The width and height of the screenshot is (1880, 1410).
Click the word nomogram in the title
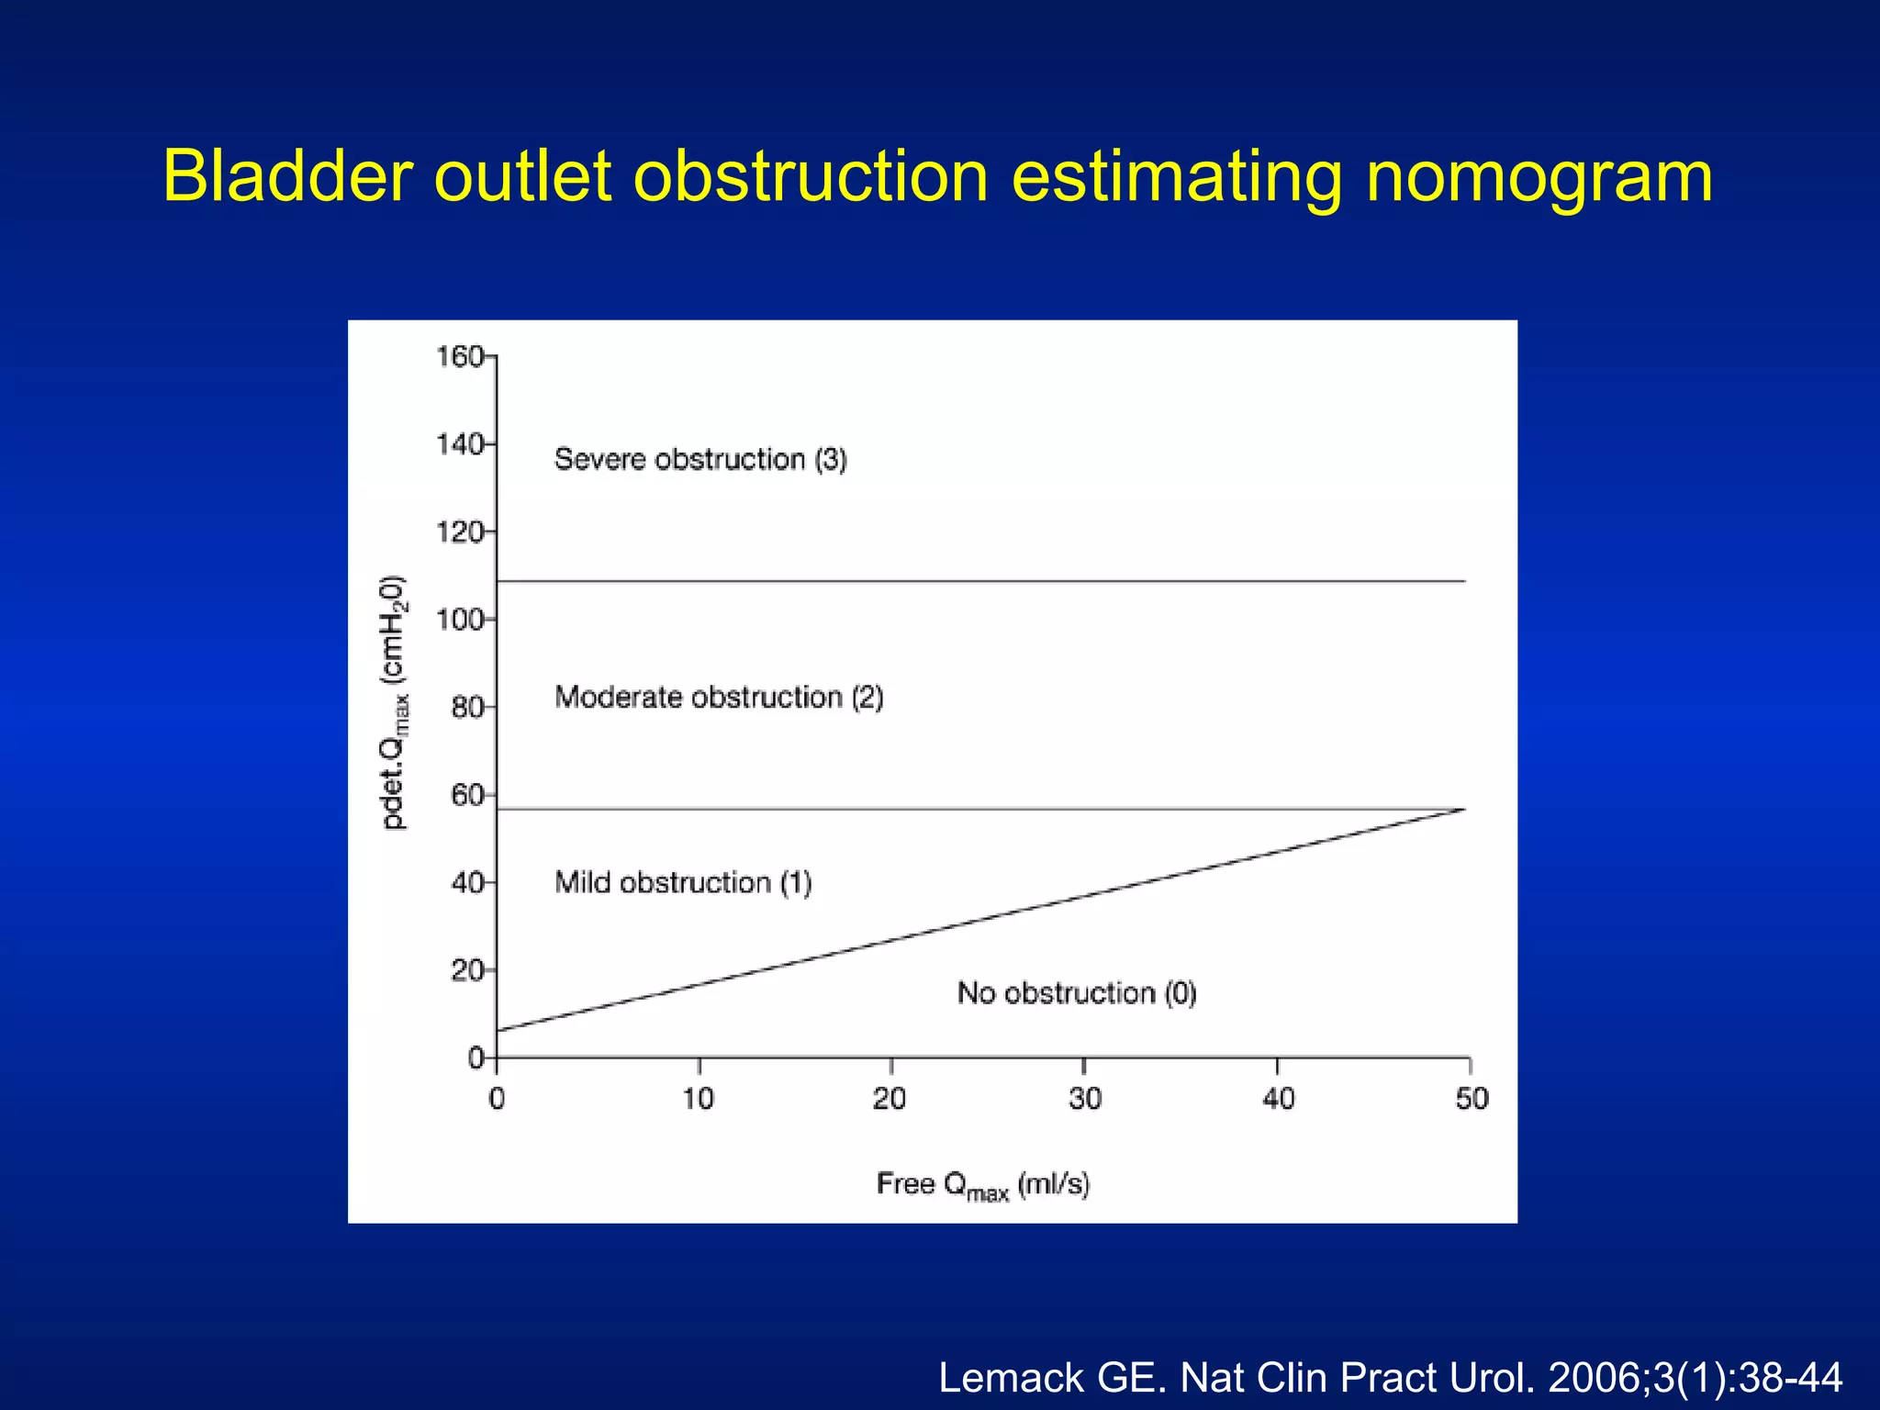tap(1539, 178)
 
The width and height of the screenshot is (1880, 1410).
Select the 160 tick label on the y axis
tap(459, 356)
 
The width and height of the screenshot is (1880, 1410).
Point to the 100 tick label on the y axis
tap(459, 621)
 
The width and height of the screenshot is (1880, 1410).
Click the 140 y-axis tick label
tap(459, 445)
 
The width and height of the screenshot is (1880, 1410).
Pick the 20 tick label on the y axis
tap(466, 970)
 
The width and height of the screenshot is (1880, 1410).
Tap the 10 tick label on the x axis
tap(699, 1099)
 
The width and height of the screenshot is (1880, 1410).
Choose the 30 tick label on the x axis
tap(1084, 1099)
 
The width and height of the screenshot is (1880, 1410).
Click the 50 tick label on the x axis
tap(1472, 1099)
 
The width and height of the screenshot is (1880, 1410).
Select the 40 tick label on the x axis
tap(1278, 1099)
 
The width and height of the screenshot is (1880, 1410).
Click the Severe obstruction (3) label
tap(700, 459)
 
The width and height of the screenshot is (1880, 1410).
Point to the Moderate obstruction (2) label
tap(719, 698)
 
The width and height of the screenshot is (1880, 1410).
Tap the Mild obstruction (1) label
tap(683, 883)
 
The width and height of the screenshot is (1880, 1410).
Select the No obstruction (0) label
tap(1077, 993)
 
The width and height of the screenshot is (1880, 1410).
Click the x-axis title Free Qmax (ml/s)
tap(983, 1185)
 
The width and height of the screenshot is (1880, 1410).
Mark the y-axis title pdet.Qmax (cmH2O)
tap(395, 703)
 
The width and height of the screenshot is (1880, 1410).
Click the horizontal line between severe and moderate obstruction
tap(980, 581)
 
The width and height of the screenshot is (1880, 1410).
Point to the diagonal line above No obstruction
tap(980, 920)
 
